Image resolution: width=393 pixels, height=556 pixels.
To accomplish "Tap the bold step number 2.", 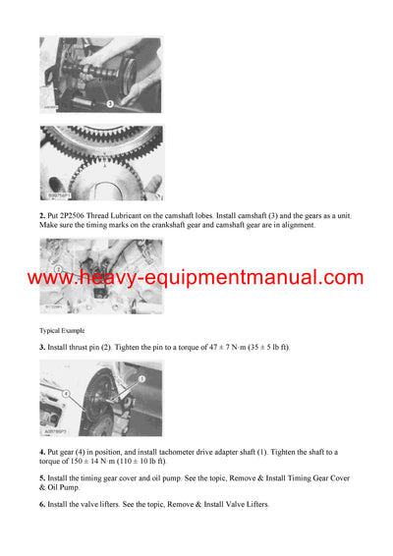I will point(42,215).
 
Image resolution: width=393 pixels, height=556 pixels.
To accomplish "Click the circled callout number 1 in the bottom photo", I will point(140,378).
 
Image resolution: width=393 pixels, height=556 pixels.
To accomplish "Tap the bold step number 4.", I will point(42,451).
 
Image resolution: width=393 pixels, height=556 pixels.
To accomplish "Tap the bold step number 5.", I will point(42,477).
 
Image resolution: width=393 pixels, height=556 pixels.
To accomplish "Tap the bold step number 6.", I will point(42,504).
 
